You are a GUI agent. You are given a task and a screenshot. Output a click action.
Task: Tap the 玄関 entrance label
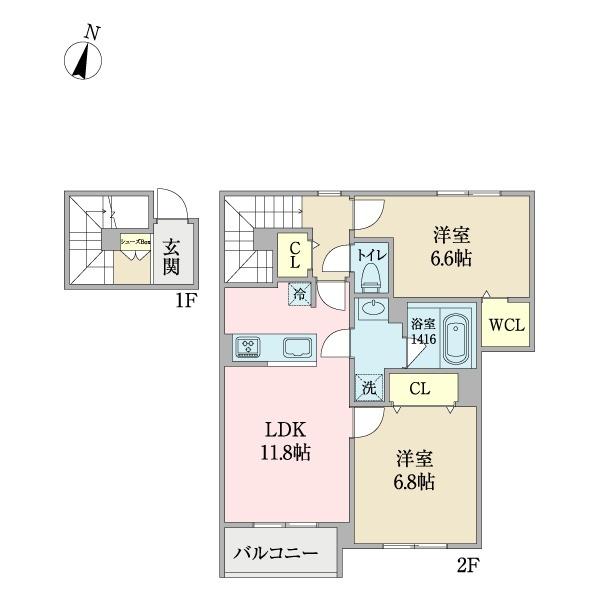point(171,255)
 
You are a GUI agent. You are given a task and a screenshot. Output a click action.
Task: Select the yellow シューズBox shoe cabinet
point(135,242)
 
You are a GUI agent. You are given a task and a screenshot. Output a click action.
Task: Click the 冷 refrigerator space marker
point(301,294)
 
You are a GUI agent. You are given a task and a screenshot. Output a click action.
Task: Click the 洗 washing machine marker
point(369,388)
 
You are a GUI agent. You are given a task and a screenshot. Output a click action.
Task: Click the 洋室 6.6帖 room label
point(452,246)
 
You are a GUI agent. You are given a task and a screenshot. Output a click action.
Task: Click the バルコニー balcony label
point(276,552)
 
